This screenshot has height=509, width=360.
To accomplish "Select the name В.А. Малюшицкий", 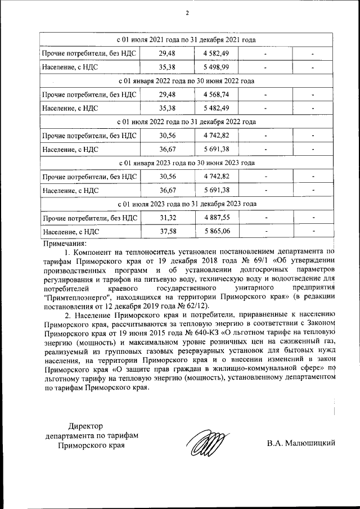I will coord(301,443).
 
